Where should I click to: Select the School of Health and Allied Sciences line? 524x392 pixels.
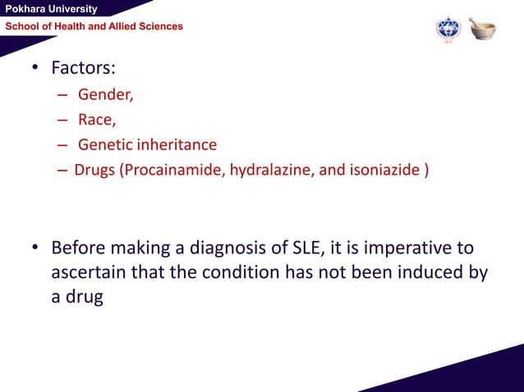(94, 27)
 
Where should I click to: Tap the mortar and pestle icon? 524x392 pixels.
(483, 29)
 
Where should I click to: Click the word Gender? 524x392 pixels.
(106, 94)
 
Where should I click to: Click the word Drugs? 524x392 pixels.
(95, 171)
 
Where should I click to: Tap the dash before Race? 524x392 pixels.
(62, 121)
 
